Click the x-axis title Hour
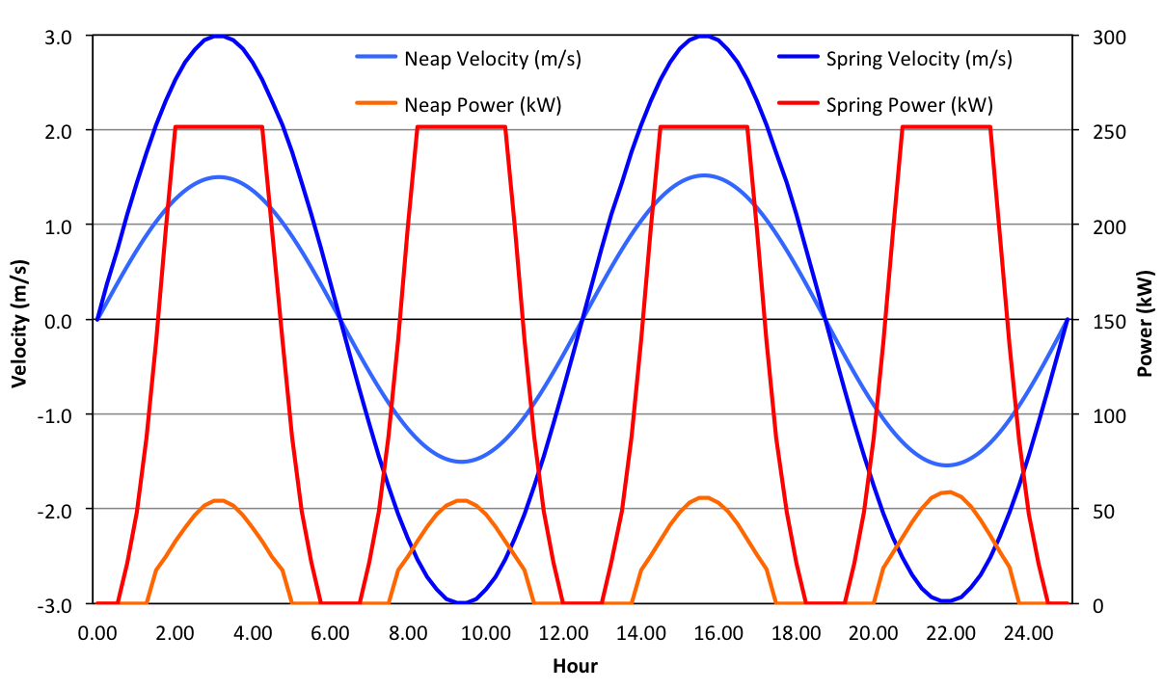[x=575, y=666]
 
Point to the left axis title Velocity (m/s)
[x=19, y=320]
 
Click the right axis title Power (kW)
[x=1146, y=320]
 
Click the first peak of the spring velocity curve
[x=220, y=37]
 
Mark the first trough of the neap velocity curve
[x=462, y=462]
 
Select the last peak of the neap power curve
[x=948, y=492]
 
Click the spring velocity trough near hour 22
[x=948, y=601]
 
